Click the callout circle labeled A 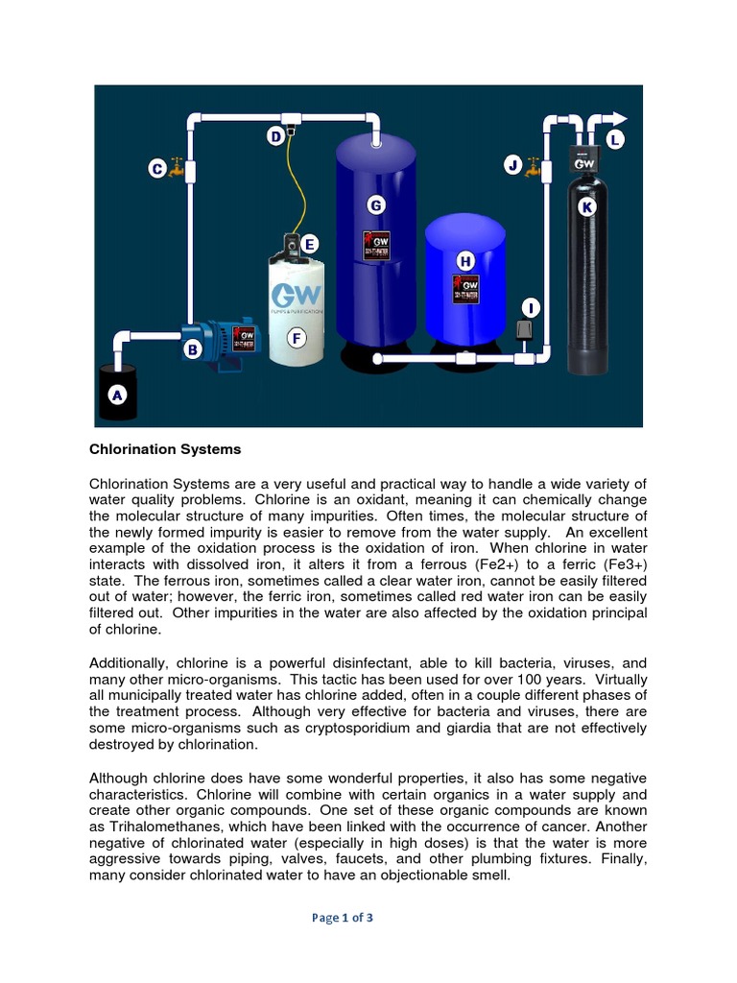point(117,394)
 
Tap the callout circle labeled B point(192,351)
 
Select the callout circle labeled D point(276,137)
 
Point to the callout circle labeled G point(375,204)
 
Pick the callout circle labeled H point(465,261)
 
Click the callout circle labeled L point(615,140)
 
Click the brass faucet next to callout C point(176,169)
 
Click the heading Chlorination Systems point(165,449)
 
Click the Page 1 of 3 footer point(342,918)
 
